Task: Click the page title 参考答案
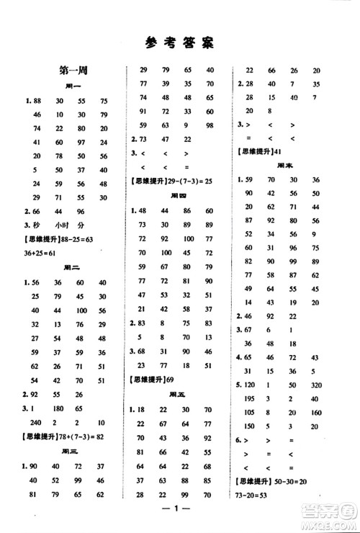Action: pyautogui.click(x=180, y=42)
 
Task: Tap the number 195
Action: pyautogui.click(x=251, y=398)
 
